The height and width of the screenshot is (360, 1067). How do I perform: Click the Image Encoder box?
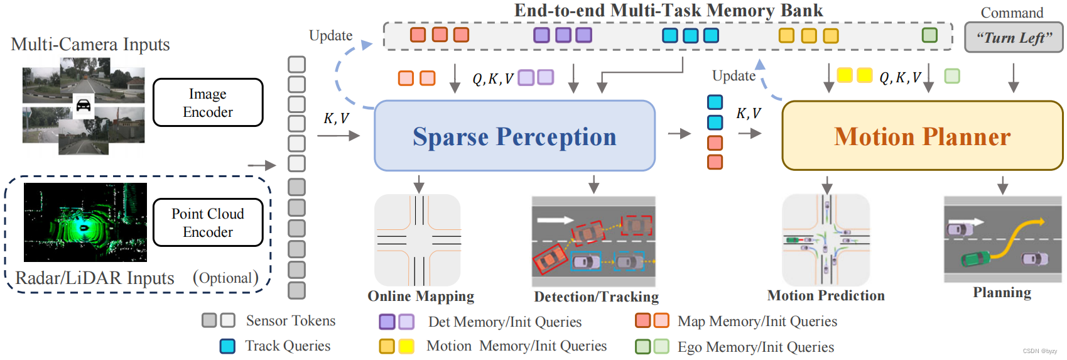click(x=208, y=102)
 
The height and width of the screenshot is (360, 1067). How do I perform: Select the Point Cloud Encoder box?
click(x=208, y=222)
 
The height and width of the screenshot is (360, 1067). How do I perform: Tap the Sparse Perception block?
click(x=514, y=136)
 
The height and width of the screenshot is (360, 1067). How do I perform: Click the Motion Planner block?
click(x=922, y=136)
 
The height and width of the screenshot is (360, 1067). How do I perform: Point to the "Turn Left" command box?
click(x=1014, y=38)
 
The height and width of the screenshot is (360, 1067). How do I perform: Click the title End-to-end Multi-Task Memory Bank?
click(x=668, y=10)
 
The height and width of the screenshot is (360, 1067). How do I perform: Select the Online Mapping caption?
click(x=421, y=296)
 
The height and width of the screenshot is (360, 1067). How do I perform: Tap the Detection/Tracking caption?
click(x=596, y=297)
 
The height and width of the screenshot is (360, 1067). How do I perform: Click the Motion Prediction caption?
click(x=826, y=295)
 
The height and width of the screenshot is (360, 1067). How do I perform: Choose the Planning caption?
click(x=1002, y=292)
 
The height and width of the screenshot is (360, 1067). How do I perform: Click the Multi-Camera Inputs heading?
click(x=90, y=44)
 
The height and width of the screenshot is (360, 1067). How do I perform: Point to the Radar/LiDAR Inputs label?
click(x=95, y=278)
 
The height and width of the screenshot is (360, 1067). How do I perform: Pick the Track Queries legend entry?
click(x=288, y=346)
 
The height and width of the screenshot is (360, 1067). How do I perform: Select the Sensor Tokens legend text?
click(x=291, y=320)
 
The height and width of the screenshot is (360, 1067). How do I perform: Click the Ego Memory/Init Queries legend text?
click(x=756, y=347)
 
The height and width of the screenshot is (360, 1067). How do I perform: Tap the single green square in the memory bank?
click(x=929, y=35)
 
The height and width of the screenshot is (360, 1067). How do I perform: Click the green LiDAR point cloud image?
click(x=85, y=222)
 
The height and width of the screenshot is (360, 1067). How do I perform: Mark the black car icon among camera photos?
click(x=83, y=105)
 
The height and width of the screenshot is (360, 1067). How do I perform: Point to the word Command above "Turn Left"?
click(x=1012, y=13)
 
